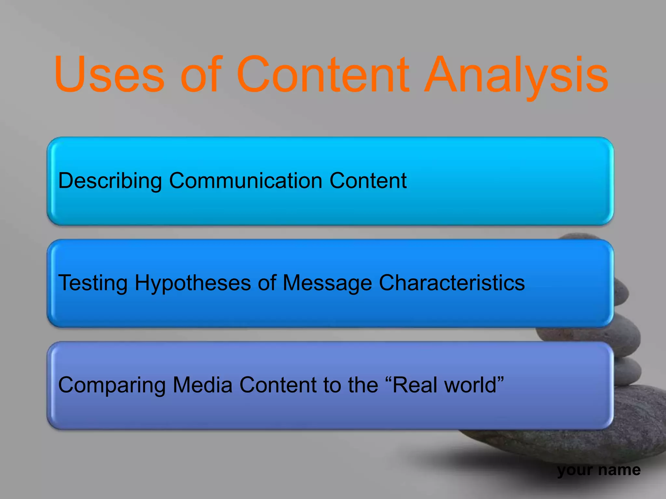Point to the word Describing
pos(110,181)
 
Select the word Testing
pos(93,283)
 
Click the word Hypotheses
pos(193,283)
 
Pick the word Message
pos(327,283)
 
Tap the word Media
pos(203,385)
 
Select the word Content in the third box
pos(278,385)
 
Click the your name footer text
pos(599,470)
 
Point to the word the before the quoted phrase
pos(363,385)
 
